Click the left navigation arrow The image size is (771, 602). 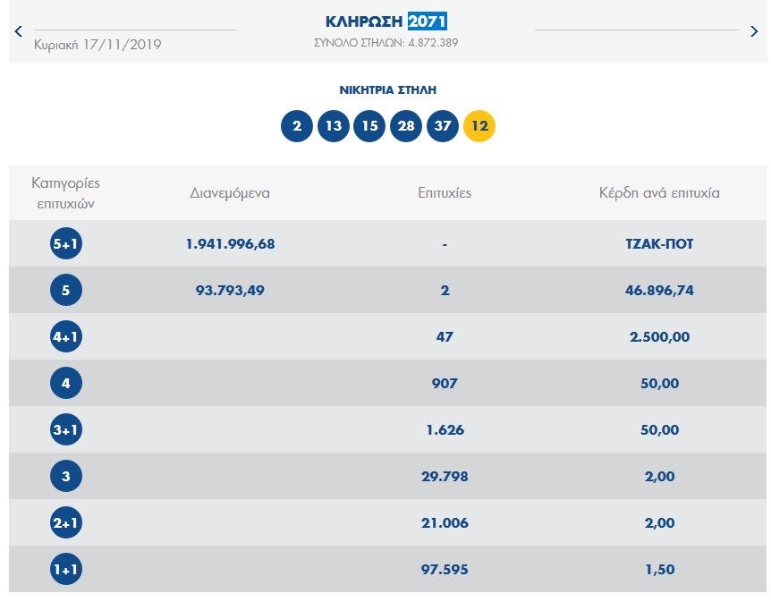[x=18, y=31]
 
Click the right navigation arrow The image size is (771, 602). [x=754, y=31]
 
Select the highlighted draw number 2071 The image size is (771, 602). [x=428, y=21]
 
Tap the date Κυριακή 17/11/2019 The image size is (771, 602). [x=97, y=44]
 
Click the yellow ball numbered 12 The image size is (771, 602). [x=479, y=125]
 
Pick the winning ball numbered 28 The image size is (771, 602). [x=406, y=125]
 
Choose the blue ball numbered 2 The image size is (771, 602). [x=297, y=125]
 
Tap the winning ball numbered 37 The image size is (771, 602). [x=443, y=125]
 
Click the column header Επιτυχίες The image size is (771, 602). [x=445, y=192]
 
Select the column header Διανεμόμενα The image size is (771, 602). [x=230, y=192]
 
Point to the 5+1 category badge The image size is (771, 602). [x=66, y=244]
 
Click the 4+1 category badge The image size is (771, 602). [x=66, y=337]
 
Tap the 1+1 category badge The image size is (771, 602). [x=66, y=570]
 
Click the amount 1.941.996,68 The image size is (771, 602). [x=230, y=244]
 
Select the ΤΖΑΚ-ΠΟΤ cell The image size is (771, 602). [x=659, y=244]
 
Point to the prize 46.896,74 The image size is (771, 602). [x=659, y=291]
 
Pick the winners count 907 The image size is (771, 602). [x=445, y=384]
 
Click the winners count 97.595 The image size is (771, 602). [x=445, y=570]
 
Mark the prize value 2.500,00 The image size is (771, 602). [x=659, y=337]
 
